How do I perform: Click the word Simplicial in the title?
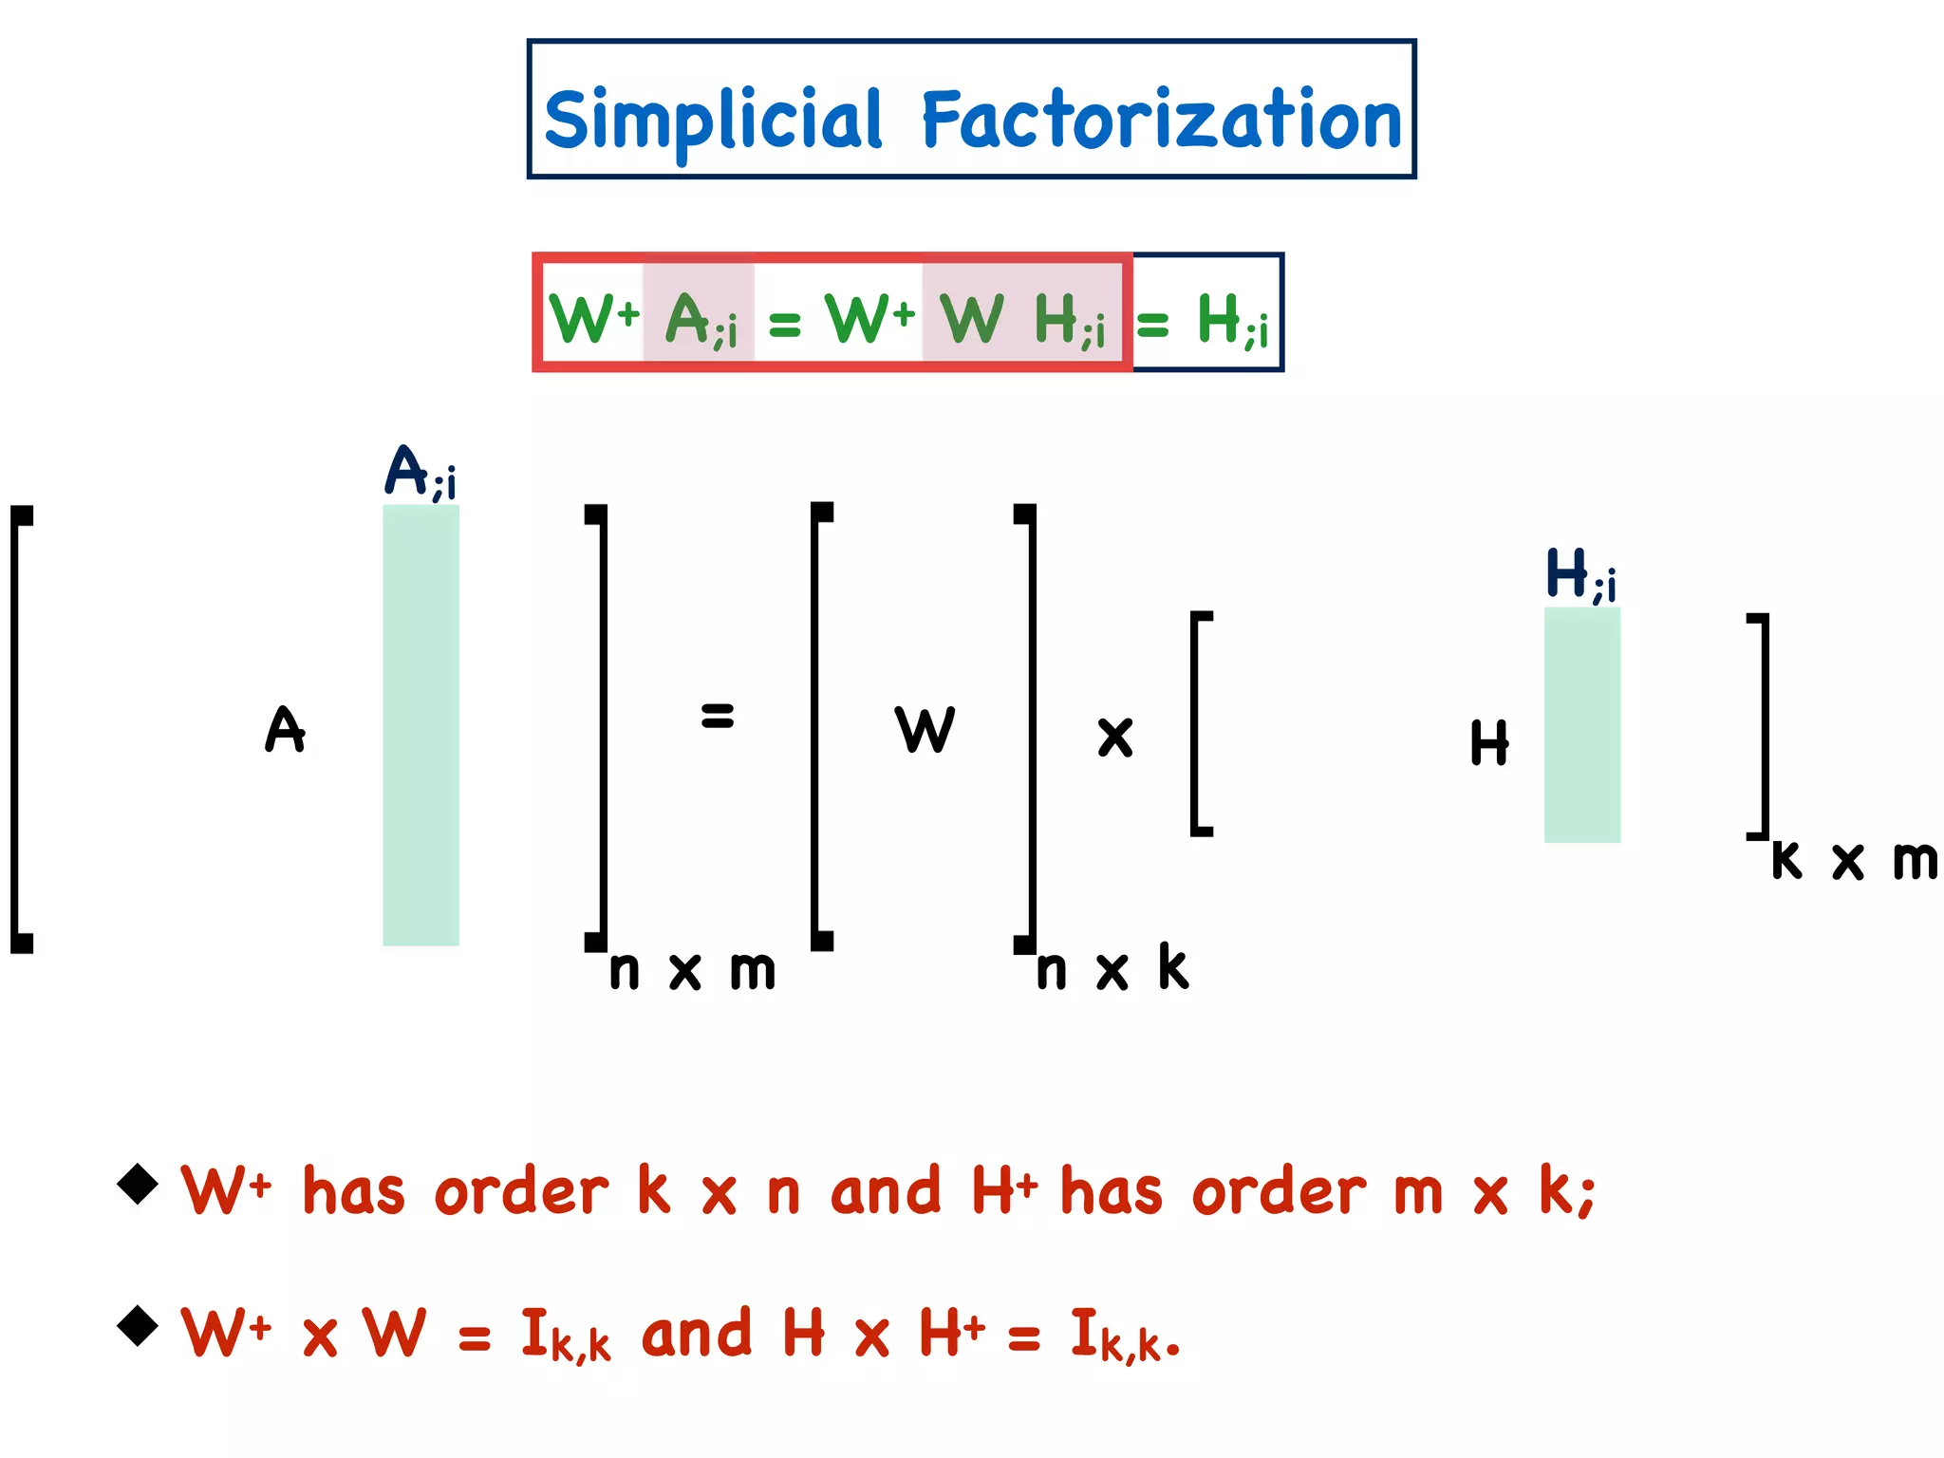pyautogui.click(x=713, y=119)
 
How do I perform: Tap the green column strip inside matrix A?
pyautogui.click(x=421, y=725)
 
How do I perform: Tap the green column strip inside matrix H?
pyautogui.click(x=1581, y=725)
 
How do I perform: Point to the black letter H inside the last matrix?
pyautogui.click(x=1488, y=742)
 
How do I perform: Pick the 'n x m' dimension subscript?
pyautogui.click(x=692, y=970)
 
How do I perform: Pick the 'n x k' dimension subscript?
pyautogui.click(x=1112, y=970)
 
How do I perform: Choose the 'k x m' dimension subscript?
pyautogui.click(x=1853, y=861)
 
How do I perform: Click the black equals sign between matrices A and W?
pyautogui.click(x=718, y=715)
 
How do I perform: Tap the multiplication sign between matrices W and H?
pyautogui.click(x=1115, y=737)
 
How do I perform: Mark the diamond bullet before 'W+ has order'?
pyautogui.click(x=139, y=1183)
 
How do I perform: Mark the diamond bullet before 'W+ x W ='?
pyautogui.click(x=139, y=1325)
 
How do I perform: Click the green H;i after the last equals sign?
pyautogui.click(x=1232, y=320)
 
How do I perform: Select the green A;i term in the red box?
pyautogui.click(x=701, y=320)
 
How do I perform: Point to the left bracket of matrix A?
pyautogui.click(x=19, y=729)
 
